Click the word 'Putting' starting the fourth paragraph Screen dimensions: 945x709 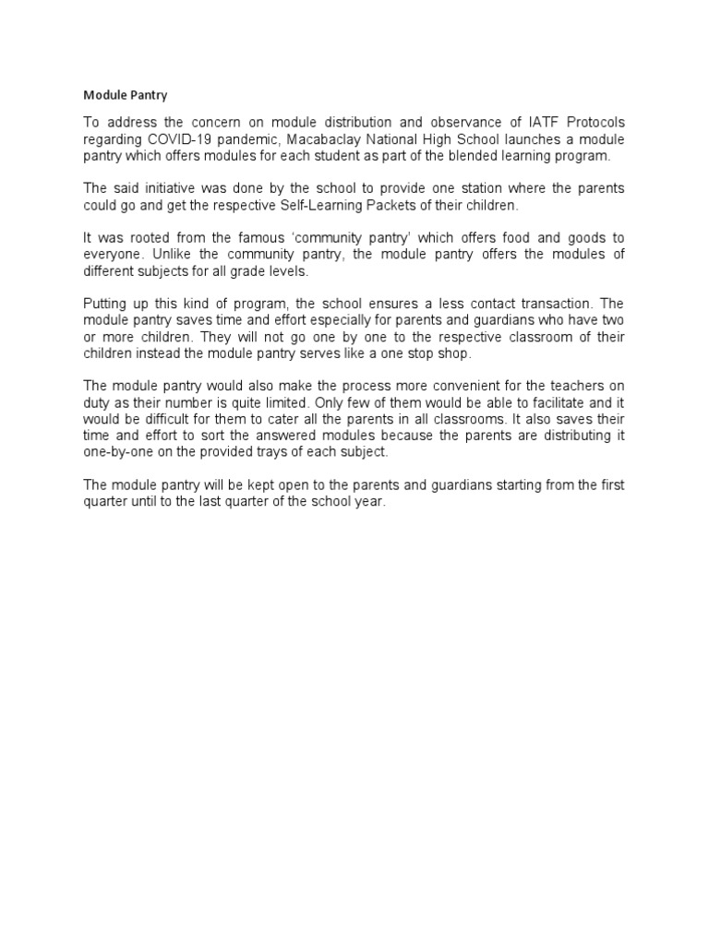105,303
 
